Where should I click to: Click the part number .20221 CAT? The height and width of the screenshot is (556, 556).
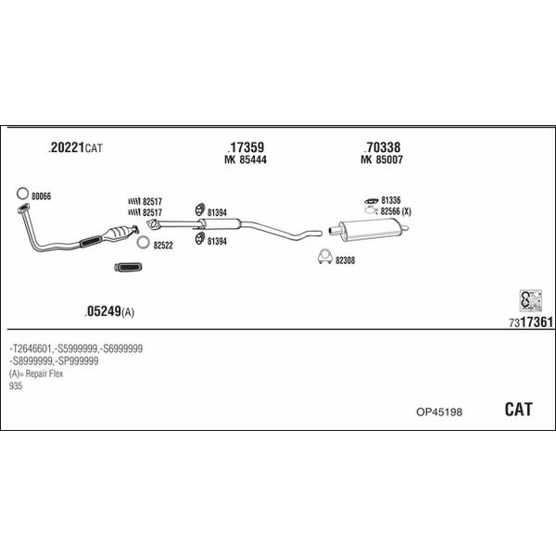click(76, 147)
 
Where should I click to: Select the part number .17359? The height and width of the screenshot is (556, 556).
click(246, 147)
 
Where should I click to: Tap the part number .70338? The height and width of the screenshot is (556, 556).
click(382, 147)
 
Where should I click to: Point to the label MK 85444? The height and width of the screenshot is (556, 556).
click(246, 159)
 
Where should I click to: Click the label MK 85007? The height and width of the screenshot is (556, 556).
click(382, 159)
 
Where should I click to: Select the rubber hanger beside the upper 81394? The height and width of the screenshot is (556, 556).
click(200, 209)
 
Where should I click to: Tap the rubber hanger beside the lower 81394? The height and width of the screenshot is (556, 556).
click(200, 238)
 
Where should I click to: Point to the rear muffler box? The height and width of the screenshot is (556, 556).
click(369, 229)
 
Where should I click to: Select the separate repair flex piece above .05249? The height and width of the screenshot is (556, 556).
click(129, 268)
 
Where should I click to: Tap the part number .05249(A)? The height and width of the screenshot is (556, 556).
click(109, 311)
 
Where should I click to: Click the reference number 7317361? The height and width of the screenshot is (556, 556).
click(531, 322)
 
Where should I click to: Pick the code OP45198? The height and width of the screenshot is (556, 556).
click(439, 412)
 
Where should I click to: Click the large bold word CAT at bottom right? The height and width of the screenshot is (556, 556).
click(518, 410)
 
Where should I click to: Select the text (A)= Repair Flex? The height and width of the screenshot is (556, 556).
click(36, 373)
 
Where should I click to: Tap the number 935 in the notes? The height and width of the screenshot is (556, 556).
click(16, 385)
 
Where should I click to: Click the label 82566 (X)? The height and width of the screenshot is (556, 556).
click(396, 211)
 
